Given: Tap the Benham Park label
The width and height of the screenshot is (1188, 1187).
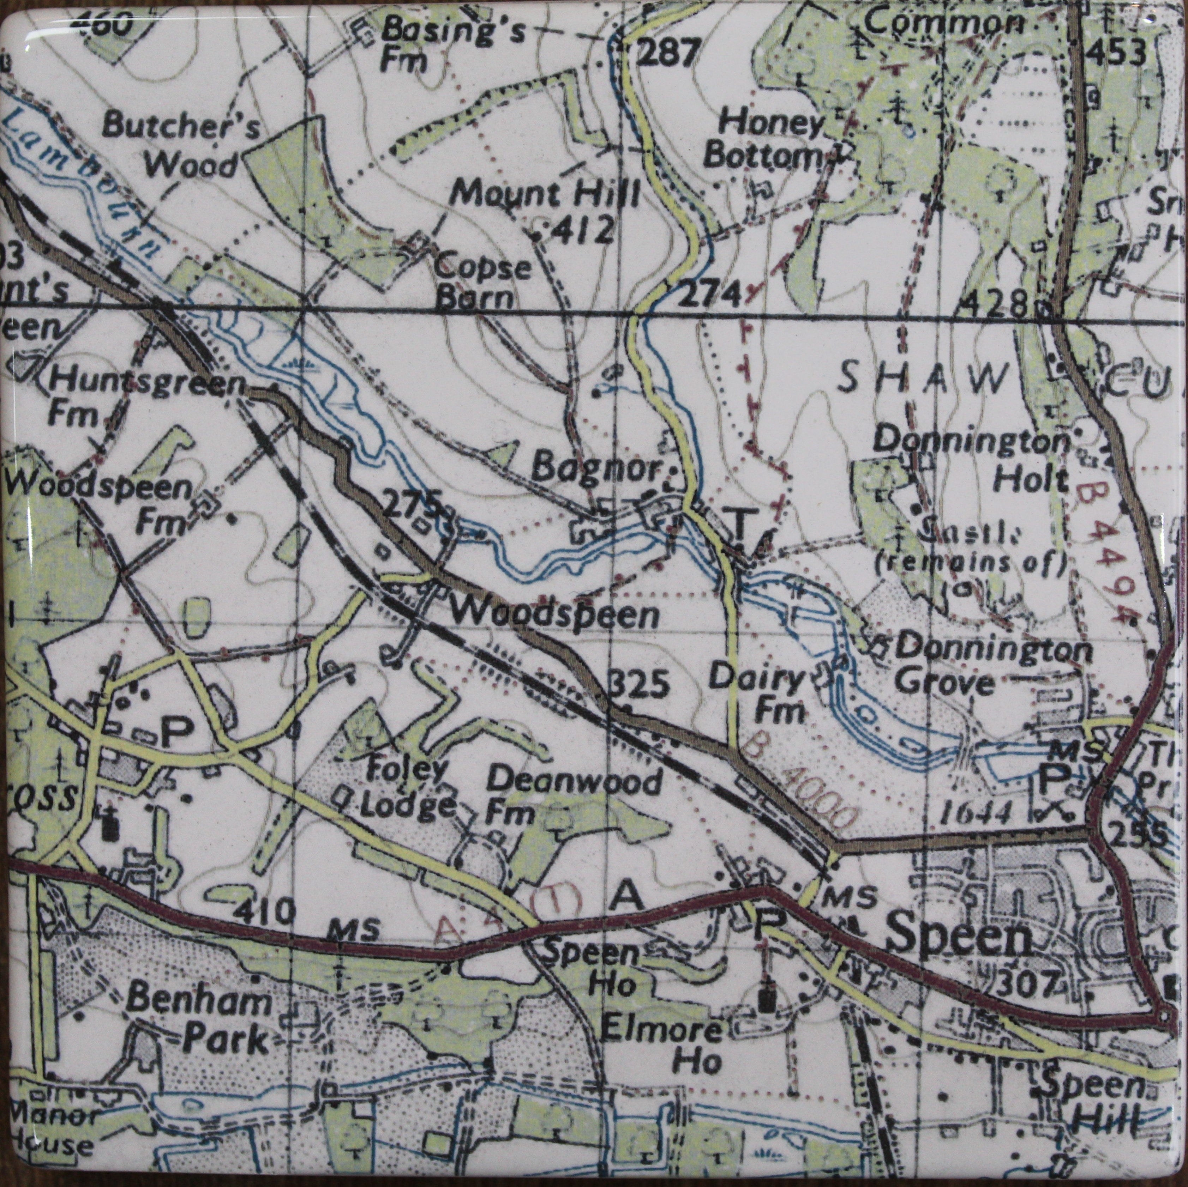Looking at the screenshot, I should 197,1019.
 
